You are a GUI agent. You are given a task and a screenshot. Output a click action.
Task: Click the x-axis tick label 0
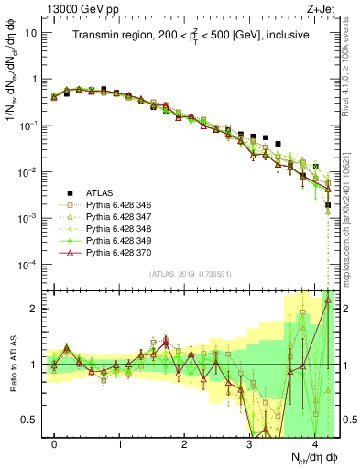click(54, 444)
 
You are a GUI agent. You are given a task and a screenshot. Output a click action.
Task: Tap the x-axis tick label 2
click(184, 444)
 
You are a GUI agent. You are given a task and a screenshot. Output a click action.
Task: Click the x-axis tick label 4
click(313, 444)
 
